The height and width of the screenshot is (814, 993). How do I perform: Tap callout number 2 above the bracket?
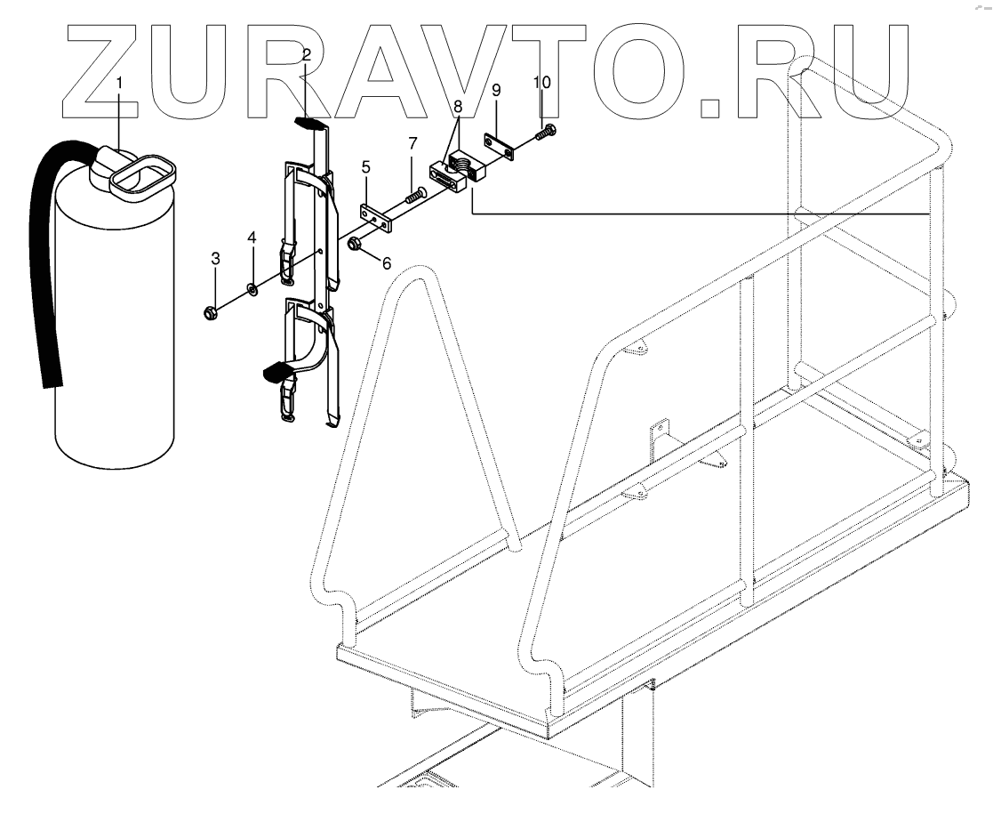306,55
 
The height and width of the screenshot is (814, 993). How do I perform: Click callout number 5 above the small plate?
365,166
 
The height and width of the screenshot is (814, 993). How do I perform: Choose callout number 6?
386,264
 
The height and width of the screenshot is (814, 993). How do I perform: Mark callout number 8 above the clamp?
458,106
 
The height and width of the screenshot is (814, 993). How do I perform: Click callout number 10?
542,81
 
